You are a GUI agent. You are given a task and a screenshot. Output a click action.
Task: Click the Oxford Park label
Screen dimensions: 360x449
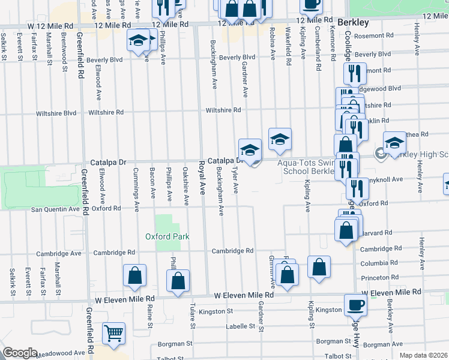[x=167, y=236]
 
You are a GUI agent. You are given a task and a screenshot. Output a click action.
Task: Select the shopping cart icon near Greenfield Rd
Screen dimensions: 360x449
[x=113, y=333]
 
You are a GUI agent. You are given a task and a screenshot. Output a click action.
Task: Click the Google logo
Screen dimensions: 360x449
[x=20, y=353]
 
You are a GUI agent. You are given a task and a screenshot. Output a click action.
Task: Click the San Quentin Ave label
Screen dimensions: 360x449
[x=55, y=209]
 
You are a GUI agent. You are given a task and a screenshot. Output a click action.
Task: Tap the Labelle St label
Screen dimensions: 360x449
[x=240, y=326]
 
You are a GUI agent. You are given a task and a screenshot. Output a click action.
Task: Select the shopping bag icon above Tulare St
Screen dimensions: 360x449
[x=178, y=280]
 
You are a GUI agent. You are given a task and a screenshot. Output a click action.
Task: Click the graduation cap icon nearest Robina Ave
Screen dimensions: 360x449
[x=279, y=139]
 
